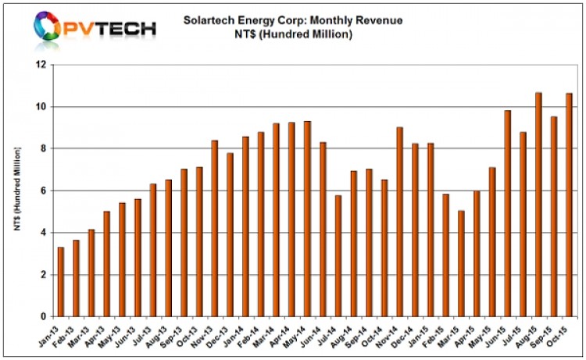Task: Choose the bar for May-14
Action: pos(307,219)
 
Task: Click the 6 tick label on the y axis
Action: pos(45,191)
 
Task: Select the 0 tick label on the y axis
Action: pos(45,316)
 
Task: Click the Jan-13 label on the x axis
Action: pos(55,334)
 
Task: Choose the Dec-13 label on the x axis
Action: pos(224,334)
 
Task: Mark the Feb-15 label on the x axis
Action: pos(439,334)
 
